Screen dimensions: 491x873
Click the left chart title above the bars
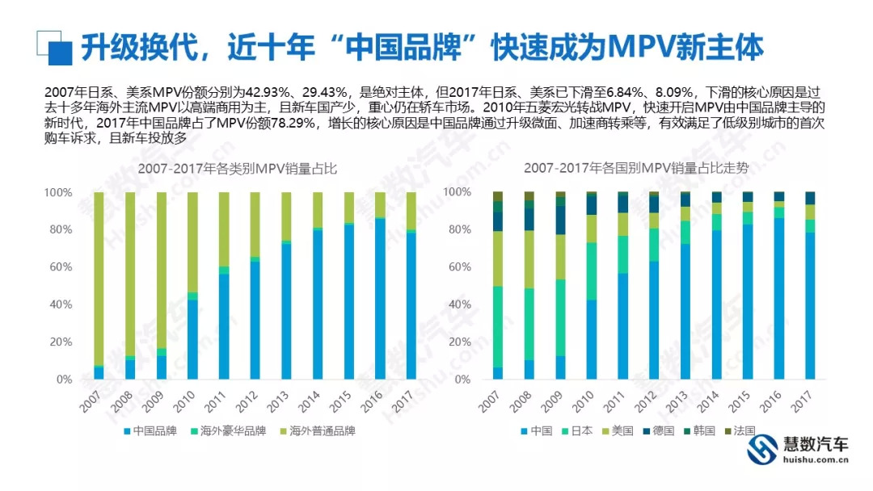231,170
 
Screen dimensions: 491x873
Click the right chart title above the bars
635,169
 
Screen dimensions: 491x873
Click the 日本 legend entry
578,431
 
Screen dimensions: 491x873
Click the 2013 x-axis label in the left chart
279,397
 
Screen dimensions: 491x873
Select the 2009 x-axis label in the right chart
552,397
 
